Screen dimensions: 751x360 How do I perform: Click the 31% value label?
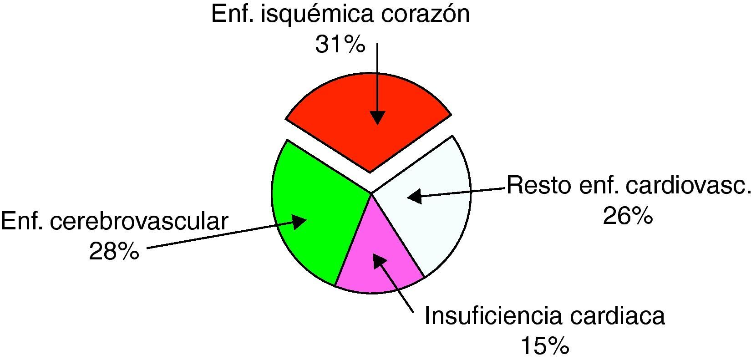tap(340, 44)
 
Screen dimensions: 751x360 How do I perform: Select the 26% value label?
tap(628, 216)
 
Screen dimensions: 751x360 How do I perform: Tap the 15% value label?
tap(545, 346)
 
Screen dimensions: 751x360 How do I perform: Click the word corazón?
tap(418, 14)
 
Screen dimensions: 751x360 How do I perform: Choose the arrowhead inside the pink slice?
tap(379, 261)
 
